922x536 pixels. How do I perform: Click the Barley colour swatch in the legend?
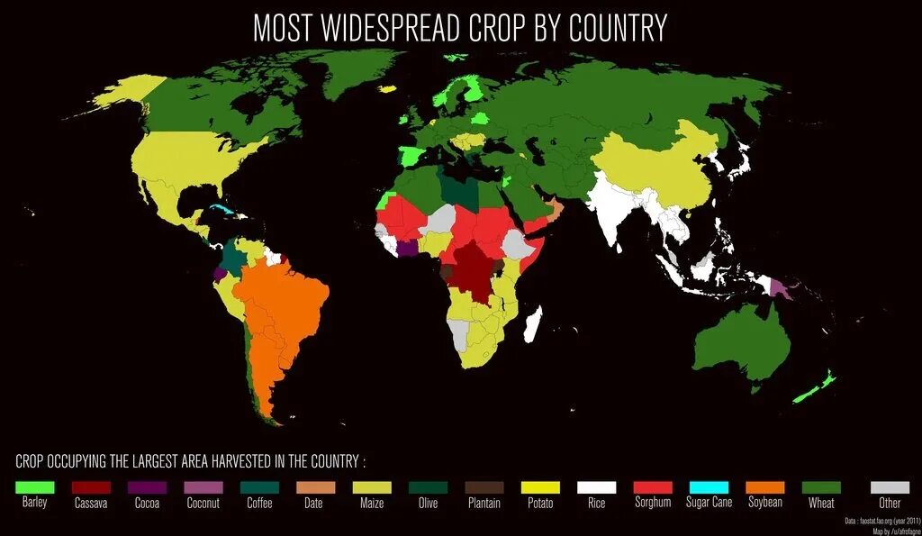pos(35,486)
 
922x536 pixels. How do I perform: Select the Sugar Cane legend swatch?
pos(710,486)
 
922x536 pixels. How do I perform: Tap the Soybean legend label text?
pos(764,503)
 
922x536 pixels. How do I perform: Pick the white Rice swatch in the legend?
pos(596,486)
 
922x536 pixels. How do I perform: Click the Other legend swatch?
pos(890,486)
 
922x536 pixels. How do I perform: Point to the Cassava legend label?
pos(91,504)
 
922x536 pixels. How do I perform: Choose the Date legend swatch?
pos(315,486)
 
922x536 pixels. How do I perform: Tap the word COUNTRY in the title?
pos(617,28)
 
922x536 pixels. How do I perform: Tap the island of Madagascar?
pos(533,324)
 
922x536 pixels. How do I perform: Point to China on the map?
pos(657,162)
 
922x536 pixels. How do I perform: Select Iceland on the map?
pos(389,89)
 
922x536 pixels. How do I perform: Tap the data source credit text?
pos(881,521)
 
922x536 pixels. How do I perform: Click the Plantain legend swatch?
pos(484,486)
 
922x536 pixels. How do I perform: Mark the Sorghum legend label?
pos(652,503)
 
